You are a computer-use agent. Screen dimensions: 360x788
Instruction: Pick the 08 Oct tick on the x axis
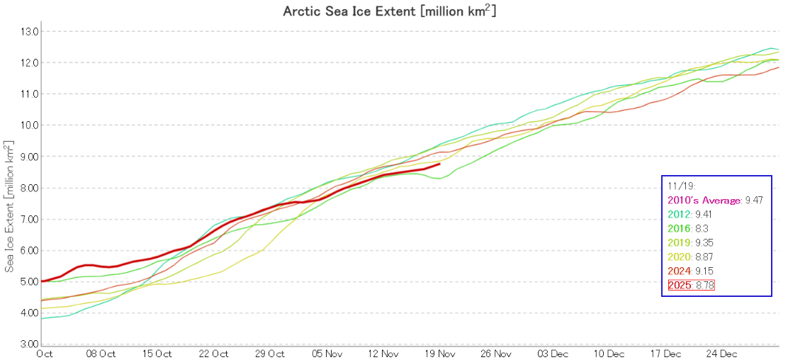[x=101, y=353]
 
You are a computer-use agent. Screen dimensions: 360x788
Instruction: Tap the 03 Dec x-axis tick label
[x=553, y=353]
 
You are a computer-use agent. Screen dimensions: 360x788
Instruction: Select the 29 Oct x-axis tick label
[x=271, y=353]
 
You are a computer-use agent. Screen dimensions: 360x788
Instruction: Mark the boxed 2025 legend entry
[x=692, y=286]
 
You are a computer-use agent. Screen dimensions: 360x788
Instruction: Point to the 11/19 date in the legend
[x=678, y=187]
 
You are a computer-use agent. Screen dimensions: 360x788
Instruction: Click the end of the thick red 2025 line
[x=440, y=164]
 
